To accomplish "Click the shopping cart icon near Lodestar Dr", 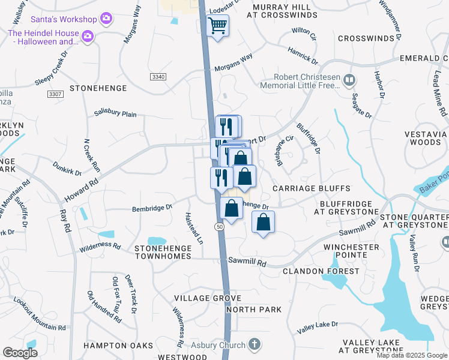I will (x=218, y=25).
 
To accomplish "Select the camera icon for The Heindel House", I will (x=88, y=37).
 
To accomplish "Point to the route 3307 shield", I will (x=55, y=95).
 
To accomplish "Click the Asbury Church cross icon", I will (x=255, y=345).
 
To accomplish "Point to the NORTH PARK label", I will (x=255, y=310).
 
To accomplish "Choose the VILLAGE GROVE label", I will (x=199, y=298).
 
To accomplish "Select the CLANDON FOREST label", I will (x=321, y=271).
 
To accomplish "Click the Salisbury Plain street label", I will (x=116, y=114).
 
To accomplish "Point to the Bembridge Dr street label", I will (x=152, y=208).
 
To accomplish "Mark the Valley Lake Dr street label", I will (x=318, y=327).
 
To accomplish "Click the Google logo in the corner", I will (x=20, y=353).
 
